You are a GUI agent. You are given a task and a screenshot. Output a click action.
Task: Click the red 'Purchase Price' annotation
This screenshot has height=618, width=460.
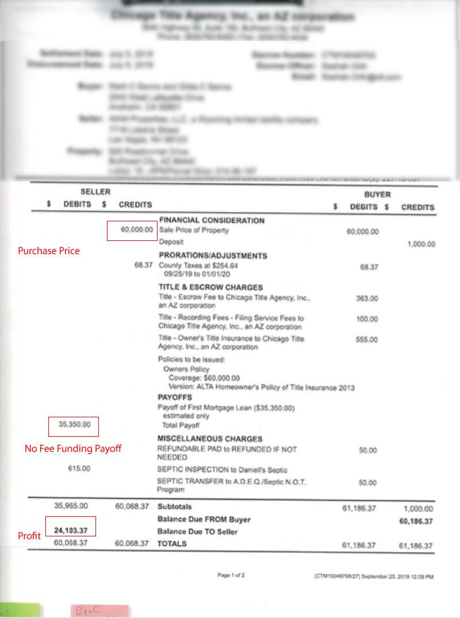[48, 251]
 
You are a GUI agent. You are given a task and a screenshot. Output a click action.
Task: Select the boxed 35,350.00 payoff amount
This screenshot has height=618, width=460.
[75, 425]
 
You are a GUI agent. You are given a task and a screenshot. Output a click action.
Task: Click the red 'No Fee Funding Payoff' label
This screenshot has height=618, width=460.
[73, 448]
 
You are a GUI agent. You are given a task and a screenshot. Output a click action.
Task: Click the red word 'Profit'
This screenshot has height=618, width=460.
[29, 536]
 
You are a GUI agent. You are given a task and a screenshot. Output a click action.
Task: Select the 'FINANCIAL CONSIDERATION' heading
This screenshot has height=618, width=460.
[212, 220]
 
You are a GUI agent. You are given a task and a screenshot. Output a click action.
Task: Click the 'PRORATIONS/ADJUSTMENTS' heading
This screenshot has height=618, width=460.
[213, 256]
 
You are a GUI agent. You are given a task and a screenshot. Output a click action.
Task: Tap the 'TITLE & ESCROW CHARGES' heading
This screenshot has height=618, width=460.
[210, 287]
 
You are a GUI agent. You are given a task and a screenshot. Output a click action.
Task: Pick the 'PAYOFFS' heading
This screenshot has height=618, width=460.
[175, 397]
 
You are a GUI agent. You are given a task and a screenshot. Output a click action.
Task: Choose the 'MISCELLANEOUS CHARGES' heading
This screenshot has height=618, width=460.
[210, 439]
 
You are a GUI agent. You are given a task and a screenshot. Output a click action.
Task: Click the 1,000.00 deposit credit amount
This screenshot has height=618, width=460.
[421, 244]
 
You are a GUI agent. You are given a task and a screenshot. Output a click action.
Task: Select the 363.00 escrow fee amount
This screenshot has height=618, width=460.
[367, 299]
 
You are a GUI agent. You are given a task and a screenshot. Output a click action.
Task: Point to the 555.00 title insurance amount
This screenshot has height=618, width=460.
[367, 340]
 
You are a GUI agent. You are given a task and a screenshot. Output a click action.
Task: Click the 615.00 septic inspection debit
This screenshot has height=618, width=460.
[79, 469]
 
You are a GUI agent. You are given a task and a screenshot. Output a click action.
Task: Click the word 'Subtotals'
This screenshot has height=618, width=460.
[174, 507]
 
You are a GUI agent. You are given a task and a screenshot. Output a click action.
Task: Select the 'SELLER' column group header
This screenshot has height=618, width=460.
[95, 192]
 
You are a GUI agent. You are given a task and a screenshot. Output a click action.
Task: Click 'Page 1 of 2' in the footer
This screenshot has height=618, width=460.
[231, 575]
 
